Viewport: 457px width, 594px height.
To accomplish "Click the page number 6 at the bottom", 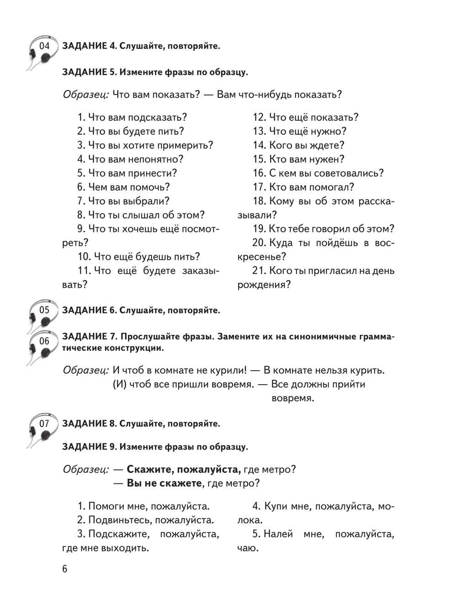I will (x=64, y=569).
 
